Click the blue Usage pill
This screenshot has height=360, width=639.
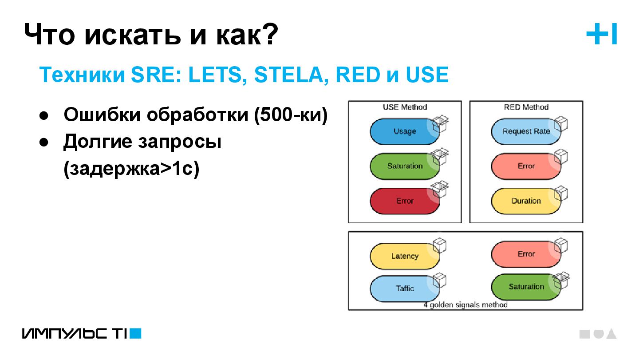(404, 131)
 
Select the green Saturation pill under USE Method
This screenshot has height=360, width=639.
(404, 166)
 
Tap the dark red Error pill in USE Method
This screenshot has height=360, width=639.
(404, 201)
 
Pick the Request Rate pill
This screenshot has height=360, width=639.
(526, 131)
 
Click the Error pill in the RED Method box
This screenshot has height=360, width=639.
(526, 166)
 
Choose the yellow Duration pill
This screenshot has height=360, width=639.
(526, 201)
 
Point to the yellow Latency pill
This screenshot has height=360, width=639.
(404, 256)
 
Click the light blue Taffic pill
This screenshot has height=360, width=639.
(404, 289)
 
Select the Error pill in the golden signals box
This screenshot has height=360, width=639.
(526, 254)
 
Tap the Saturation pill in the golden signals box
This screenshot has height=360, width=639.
(526, 287)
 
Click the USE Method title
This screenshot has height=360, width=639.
(405, 107)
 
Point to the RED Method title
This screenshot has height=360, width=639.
(526, 107)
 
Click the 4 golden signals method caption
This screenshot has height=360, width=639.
(465, 305)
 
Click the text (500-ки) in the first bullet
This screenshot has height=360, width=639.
(291, 115)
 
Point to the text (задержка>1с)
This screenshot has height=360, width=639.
(131, 169)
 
